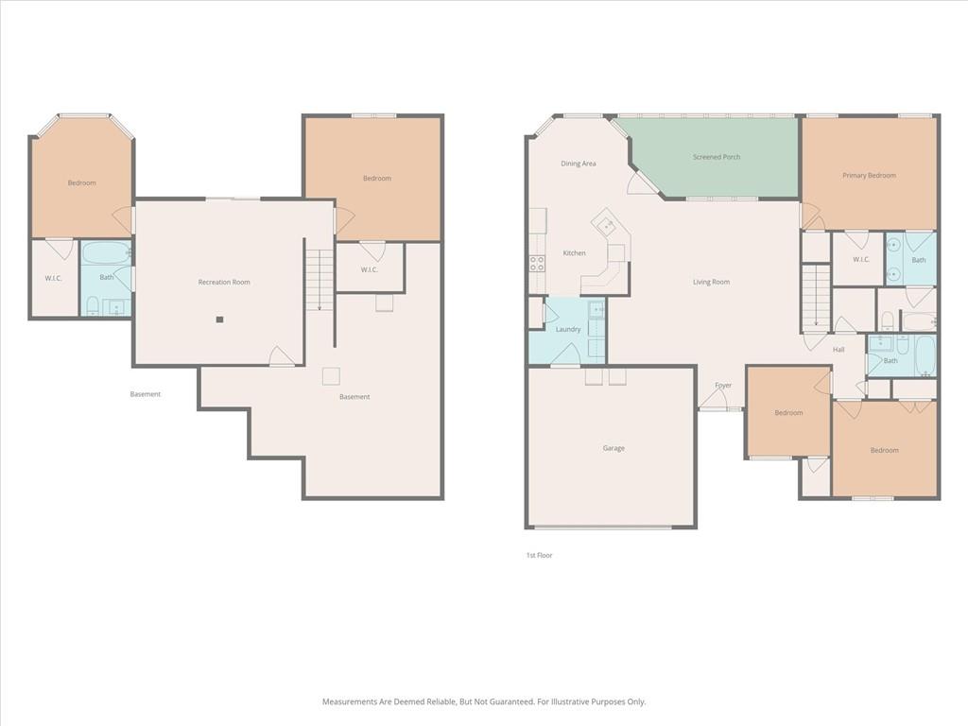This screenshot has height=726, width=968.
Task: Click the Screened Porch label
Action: [x=717, y=157]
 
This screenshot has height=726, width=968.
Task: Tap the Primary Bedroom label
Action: [x=869, y=175]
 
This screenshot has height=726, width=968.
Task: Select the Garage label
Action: [x=614, y=448]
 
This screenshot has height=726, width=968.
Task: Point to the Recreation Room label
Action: [x=224, y=282]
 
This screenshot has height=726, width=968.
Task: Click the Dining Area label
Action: [x=579, y=164]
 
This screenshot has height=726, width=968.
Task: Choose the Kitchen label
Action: [x=574, y=253]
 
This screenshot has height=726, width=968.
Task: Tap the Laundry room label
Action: [x=568, y=330]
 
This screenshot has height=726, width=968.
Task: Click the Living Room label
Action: [x=711, y=282]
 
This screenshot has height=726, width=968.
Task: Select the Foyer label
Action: [x=723, y=386]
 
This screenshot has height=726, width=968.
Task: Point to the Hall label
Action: [x=838, y=350]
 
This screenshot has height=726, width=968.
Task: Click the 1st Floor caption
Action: [x=539, y=555]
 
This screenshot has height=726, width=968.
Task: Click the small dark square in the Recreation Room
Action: [x=219, y=320]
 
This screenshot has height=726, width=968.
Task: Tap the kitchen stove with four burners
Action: [x=537, y=264]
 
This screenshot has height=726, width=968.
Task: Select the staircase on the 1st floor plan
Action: [x=816, y=296]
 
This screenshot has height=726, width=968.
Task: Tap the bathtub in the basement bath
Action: [x=106, y=253]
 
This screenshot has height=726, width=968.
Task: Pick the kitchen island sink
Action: [x=608, y=226]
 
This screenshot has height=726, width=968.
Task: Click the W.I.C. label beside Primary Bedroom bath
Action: [x=860, y=259]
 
